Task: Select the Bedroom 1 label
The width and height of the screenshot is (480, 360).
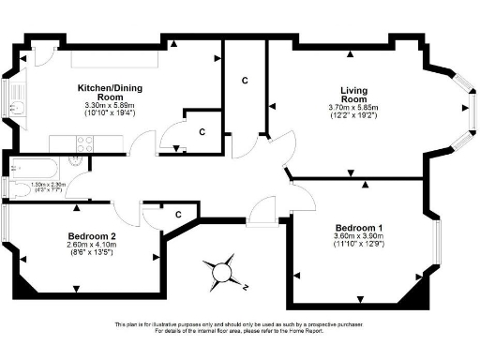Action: (x=359, y=229)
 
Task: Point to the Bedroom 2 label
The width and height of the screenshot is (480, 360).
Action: (x=92, y=236)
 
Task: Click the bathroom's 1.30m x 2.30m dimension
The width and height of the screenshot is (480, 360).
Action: (x=48, y=185)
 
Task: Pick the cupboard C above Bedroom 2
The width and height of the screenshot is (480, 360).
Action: (x=177, y=215)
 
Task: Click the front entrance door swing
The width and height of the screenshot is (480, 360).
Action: (x=263, y=214)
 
